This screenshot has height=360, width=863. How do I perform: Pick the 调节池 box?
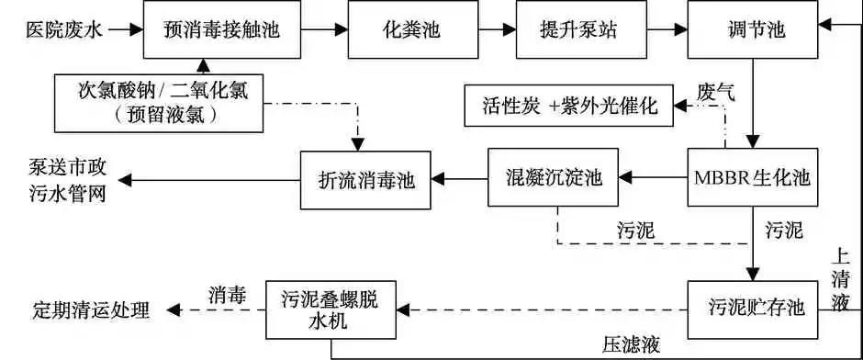point(752,29)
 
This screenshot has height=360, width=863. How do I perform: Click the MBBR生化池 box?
point(751,176)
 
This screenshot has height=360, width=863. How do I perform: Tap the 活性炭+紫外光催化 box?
point(569,105)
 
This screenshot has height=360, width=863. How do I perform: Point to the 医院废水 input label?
point(58,29)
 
